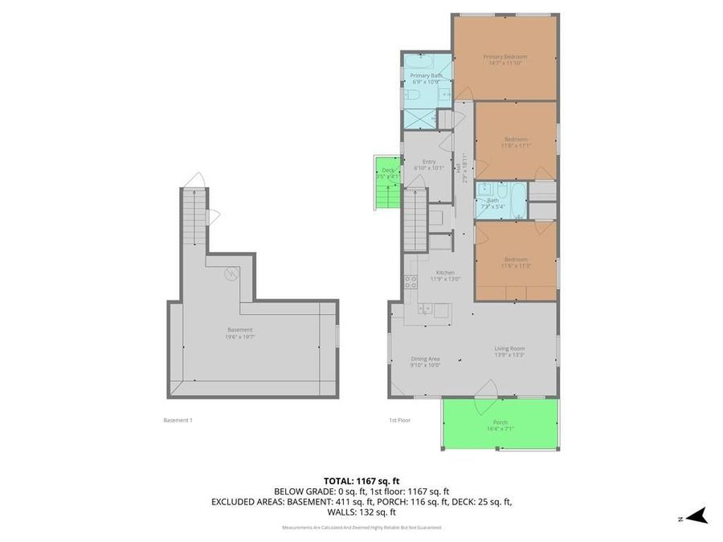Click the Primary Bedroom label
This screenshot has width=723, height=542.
(504, 59)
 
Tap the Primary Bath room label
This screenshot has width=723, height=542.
(426, 79)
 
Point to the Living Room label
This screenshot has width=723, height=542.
(509, 350)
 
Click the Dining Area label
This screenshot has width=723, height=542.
(425, 362)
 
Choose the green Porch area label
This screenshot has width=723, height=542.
(500, 426)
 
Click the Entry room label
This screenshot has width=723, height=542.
(424, 165)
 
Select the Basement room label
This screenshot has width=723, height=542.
(239, 332)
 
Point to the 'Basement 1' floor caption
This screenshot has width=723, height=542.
(178, 420)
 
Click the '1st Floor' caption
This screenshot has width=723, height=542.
(399, 420)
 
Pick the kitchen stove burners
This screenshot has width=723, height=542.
(411, 282)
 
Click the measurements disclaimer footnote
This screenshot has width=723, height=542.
(361, 528)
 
